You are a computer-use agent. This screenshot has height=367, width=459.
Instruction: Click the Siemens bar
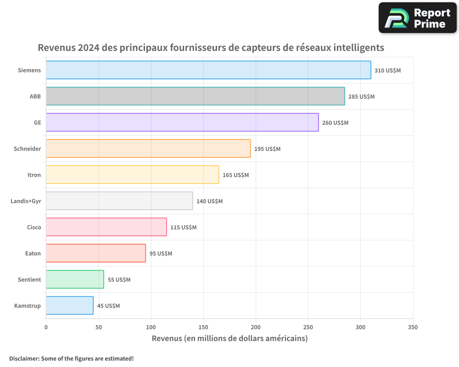click(x=208, y=70)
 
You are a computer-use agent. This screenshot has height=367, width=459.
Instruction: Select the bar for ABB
click(x=195, y=96)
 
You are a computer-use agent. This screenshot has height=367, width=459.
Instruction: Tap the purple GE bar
click(x=182, y=122)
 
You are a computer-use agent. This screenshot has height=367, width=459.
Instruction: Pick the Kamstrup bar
click(x=69, y=306)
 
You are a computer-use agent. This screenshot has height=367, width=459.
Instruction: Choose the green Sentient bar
click(x=75, y=279)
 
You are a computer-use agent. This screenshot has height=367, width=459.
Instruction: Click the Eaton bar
click(x=95, y=253)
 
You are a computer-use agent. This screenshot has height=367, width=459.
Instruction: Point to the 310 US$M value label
click(x=387, y=71)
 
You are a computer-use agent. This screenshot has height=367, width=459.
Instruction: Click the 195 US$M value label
click(x=267, y=149)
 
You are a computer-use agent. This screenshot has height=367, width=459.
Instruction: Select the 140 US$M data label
click(x=209, y=201)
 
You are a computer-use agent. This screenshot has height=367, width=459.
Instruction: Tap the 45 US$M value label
click(x=108, y=306)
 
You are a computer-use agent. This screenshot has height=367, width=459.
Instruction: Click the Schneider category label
click(x=28, y=149)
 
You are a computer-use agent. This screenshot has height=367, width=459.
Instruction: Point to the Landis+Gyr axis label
click(x=26, y=201)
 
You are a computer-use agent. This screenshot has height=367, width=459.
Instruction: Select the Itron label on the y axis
click(x=34, y=175)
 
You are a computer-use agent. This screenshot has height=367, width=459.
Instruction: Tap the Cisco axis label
click(x=34, y=228)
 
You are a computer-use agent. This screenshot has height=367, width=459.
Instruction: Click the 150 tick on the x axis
click(x=203, y=327)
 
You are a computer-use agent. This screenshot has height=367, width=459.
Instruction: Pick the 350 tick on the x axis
click(x=413, y=327)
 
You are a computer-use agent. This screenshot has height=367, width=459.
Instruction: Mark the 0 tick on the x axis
click(x=46, y=327)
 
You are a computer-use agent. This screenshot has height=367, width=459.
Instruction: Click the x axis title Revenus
click(x=229, y=339)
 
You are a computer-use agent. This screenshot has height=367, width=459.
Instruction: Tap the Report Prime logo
click(x=418, y=18)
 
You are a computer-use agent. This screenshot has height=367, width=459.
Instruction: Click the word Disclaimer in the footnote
click(x=24, y=359)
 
